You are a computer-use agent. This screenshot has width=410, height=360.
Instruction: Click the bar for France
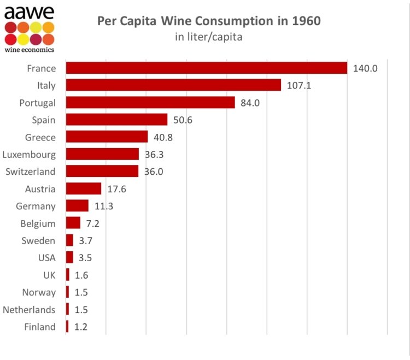click(207, 68)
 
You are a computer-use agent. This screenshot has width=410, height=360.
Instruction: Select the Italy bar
click(173, 85)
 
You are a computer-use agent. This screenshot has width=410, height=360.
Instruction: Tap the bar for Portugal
click(150, 103)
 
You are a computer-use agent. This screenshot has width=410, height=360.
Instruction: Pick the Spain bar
click(116, 120)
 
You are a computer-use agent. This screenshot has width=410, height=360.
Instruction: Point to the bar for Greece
click(107, 137)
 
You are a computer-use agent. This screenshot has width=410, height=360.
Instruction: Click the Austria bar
click(84, 189)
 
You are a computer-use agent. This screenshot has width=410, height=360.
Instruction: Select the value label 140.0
click(365, 68)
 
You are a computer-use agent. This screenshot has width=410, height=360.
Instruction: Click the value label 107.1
click(299, 86)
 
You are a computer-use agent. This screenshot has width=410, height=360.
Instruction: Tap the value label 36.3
click(154, 155)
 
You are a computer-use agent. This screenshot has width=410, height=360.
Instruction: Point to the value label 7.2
click(92, 223)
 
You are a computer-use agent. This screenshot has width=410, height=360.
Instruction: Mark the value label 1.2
click(81, 327)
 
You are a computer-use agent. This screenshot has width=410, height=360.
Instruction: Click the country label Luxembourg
click(29, 155)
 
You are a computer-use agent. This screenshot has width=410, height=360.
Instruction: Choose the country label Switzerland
click(30, 172)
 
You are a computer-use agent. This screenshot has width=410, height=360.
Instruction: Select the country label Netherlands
click(29, 310)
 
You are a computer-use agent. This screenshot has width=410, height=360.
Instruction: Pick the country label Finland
click(40, 327)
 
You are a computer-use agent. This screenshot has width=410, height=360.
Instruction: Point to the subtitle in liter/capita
click(208, 37)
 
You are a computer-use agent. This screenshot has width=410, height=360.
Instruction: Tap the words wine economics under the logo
click(29, 50)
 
